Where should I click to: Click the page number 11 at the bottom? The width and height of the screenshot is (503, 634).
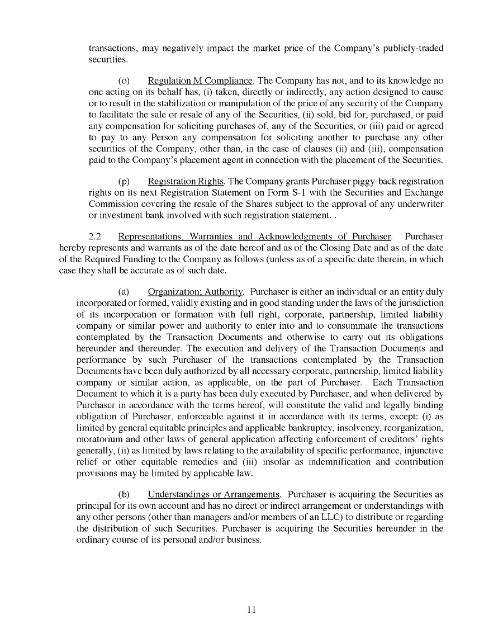pyautogui.click(x=251, y=610)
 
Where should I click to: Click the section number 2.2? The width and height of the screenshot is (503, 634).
pyautogui.click(x=95, y=236)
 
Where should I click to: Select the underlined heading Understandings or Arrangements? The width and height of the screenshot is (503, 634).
pyautogui.click(x=213, y=494)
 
